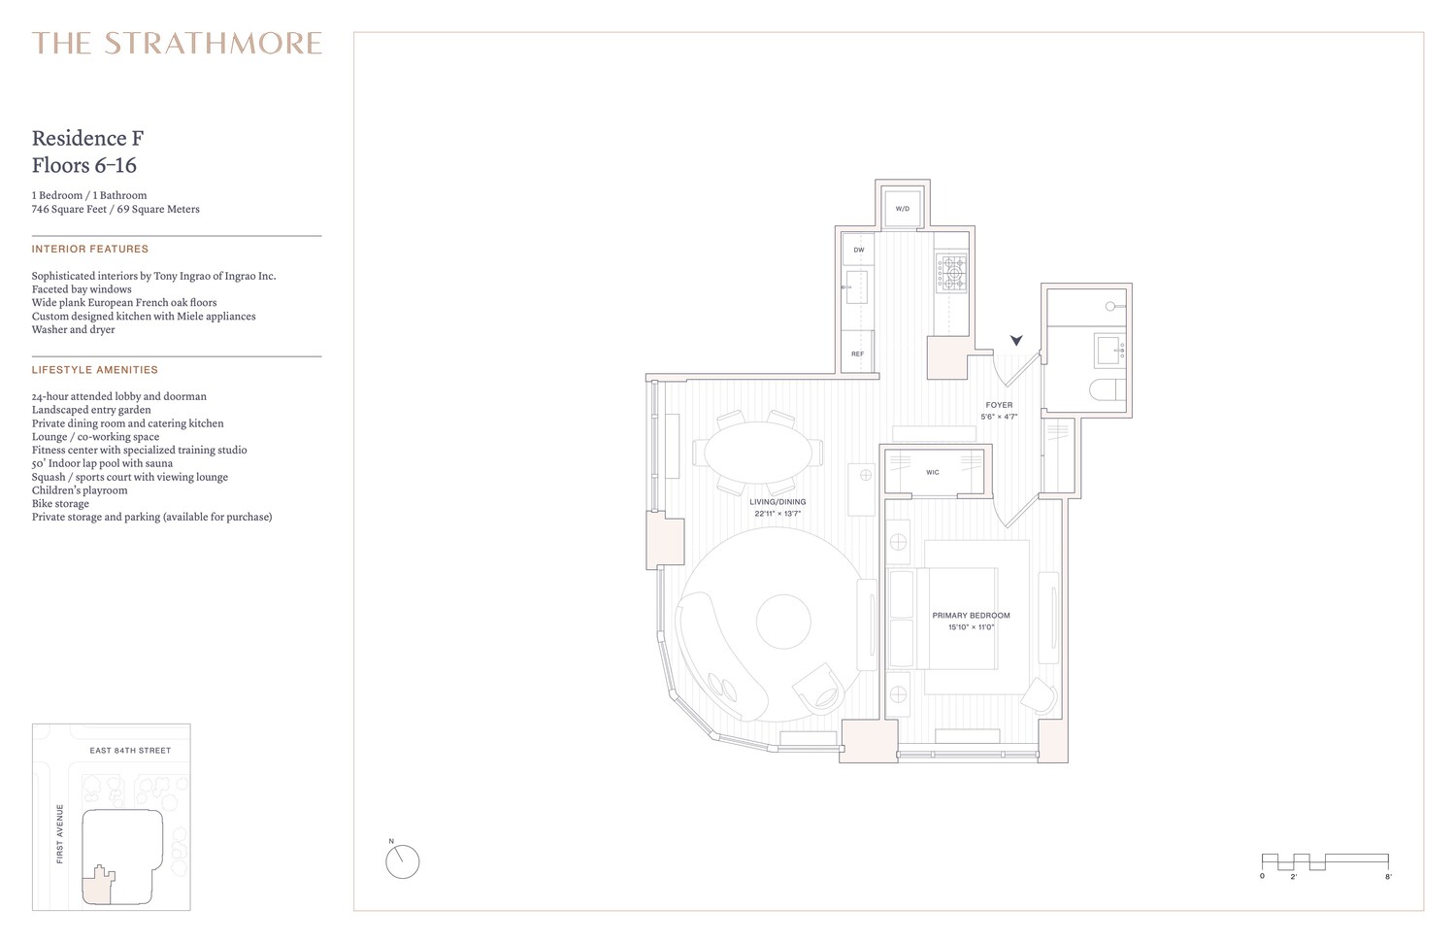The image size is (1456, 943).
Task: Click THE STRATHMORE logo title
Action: point(177,44)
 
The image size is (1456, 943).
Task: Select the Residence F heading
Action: point(88,138)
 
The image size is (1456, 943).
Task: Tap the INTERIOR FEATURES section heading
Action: point(90,250)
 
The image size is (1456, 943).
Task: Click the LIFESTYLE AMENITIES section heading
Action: point(95,370)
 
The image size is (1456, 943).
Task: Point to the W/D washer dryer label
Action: point(902,209)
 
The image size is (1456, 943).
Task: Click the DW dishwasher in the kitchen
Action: point(858,250)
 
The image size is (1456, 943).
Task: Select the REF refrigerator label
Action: point(857,354)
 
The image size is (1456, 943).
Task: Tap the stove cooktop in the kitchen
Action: point(951,273)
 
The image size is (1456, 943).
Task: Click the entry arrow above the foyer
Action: point(1016,341)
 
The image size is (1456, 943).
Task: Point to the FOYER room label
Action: point(999,405)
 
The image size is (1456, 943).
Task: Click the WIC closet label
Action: point(932,473)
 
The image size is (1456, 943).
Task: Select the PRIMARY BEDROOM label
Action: point(971,616)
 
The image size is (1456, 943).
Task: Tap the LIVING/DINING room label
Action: point(778,502)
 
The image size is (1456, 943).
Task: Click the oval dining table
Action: point(758,452)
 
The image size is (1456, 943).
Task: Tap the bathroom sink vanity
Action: point(1109,349)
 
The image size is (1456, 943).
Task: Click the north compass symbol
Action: point(403,861)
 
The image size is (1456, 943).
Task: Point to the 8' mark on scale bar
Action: point(1388,877)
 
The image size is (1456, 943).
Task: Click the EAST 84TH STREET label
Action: point(130,751)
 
